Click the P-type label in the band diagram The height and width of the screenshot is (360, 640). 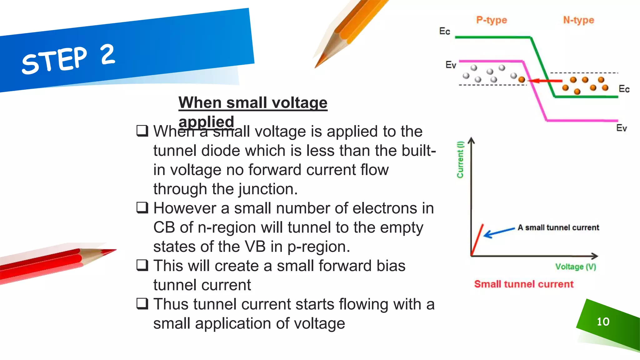[491, 20]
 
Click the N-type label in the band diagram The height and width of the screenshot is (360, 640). [578, 20]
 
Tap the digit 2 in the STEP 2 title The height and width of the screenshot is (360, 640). [108, 55]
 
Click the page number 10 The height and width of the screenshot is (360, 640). [603, 322]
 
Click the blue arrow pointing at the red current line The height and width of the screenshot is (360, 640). [499, 232]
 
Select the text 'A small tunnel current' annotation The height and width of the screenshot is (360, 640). [558, 227]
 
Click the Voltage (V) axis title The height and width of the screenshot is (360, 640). [576, 267]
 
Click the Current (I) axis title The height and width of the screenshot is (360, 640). [460, 160]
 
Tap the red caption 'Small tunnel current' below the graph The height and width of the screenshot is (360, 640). [524, 284]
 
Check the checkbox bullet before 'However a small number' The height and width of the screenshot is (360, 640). [142, 207]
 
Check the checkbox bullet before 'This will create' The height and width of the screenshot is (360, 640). [142, 265]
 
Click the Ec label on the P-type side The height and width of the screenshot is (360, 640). [444, 31]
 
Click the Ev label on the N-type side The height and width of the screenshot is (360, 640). [621, 128]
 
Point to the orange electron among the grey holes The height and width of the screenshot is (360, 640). [522, 80]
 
